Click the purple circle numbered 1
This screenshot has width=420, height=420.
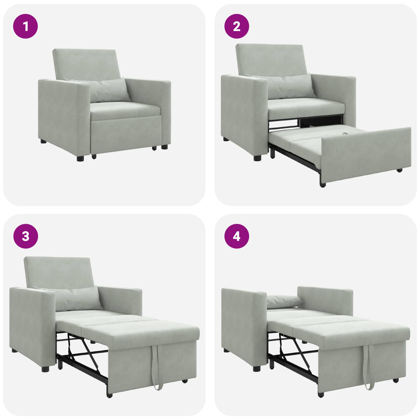[x=25, y=26]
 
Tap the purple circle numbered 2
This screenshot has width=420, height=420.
[x=237, y=26]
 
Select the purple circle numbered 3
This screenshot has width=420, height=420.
[x=25, y=236]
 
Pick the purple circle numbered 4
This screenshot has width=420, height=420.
[x=237, y=236]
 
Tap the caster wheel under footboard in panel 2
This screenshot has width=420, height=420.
[x=400, y=170]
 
